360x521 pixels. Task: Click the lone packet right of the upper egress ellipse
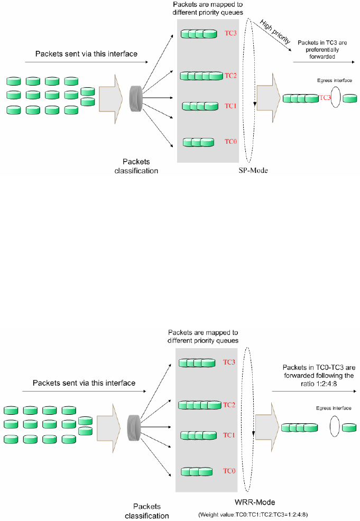tap(349, 99)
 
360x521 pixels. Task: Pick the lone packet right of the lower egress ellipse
tap(349, 427)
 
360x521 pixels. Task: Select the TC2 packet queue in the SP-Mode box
tap(201, 76)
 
